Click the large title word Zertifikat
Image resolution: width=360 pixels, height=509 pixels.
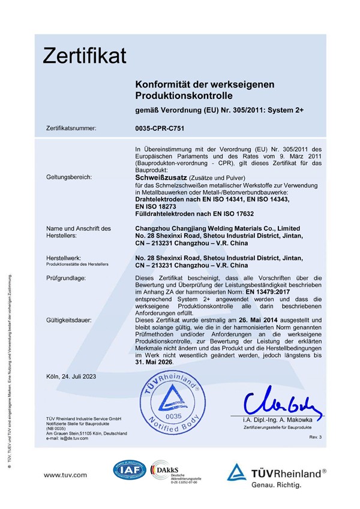pyautogui.click(x=85, y=56)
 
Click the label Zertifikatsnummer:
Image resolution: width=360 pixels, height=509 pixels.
pyautogui.click(x=71, y=128)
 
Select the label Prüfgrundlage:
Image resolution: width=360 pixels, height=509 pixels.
pyautogui.click(x=66, y=278)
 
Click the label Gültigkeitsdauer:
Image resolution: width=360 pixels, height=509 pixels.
pyautogui.click(x=68, y=321)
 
